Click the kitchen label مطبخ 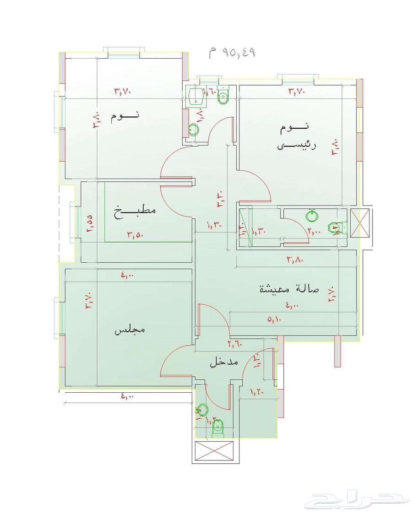tap(135, 211)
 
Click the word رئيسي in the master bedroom tap(293, 146)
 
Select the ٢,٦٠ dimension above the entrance tap(235, 343)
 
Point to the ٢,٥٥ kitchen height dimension tap(89, 223)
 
